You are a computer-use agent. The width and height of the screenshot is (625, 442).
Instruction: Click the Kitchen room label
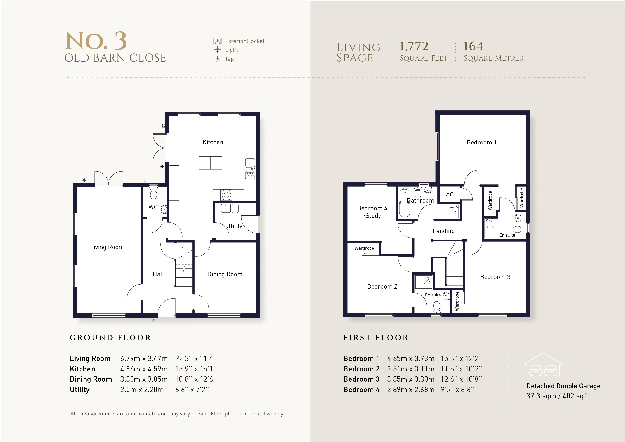click(x=213, y=142)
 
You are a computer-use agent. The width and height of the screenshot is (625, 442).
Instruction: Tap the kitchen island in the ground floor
click(x=210, y=161)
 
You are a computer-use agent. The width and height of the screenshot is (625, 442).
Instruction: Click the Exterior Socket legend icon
click(x=217, y=41)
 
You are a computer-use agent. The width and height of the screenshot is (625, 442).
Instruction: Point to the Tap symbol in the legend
click(x=217, y=59)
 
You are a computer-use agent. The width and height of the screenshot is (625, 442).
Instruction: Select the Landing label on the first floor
click(x=444, y=231)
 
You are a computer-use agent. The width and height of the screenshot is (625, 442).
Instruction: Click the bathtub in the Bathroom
click(x=404, y=203)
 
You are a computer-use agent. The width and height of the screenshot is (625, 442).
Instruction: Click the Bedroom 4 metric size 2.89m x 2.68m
click(x=411, y=389)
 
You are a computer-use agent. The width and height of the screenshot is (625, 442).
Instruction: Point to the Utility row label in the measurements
click(x=80, y=389)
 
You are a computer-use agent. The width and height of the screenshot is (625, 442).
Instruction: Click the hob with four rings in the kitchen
click(x=226, y=195)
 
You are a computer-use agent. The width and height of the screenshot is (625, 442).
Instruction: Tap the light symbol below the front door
click(x=153, y=320)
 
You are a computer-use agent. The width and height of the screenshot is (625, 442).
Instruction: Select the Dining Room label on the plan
click(x=224, y=274)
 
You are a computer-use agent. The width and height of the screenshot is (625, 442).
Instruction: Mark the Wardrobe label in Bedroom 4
click(x=364, y=248)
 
